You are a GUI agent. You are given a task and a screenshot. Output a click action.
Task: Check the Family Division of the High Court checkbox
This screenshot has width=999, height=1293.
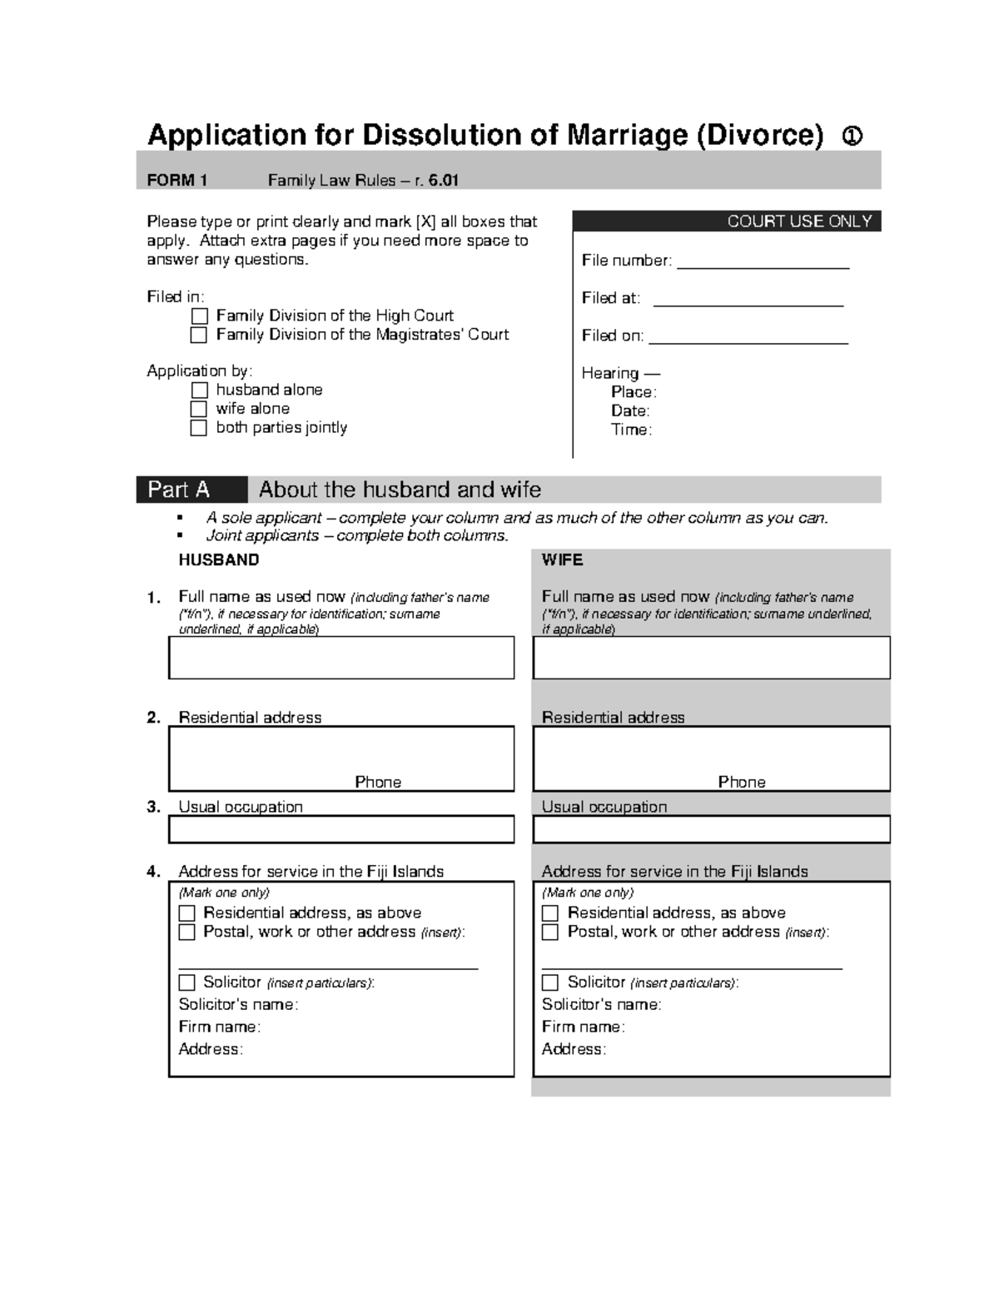click(x=199, y=316)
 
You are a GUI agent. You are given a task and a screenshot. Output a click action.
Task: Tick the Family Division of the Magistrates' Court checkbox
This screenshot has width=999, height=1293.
click(x=199, y=335)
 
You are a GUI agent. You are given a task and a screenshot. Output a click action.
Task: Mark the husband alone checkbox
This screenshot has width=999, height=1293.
click(x=199, y=390)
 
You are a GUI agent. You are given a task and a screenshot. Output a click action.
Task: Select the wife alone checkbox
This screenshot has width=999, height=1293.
click(x=199, y=409)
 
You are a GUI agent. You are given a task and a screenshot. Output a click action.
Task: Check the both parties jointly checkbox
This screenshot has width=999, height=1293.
click(x=199, y=428)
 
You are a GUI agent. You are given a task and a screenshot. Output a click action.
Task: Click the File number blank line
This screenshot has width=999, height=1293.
click(x=763, y=265)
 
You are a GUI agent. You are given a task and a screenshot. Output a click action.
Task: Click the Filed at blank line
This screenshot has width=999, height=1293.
click(x=748, y=302)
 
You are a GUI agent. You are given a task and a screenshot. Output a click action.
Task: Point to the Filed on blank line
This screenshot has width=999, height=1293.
click(x=748, y=340)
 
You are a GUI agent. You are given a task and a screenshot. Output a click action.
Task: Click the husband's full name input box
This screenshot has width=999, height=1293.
click(x=341, y=658)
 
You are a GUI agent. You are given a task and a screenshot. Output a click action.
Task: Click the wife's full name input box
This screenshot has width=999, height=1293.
click(x=711, y=658)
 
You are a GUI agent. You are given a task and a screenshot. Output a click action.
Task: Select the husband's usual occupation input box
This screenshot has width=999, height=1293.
click(x=341, y=829)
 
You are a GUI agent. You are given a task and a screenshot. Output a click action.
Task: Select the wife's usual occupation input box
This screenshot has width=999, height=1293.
click(x=711, y=829)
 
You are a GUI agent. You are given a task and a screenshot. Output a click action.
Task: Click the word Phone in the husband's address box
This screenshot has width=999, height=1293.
click(x=378, y=782)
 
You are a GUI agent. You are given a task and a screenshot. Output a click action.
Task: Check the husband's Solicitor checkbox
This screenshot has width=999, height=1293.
click(x=187, y=982)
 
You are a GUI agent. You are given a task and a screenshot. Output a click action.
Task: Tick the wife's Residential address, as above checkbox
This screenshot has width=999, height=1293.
click(x=550, y=913)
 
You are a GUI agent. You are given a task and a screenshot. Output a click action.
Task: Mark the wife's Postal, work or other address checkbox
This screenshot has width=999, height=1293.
click(x=550, y=932)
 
